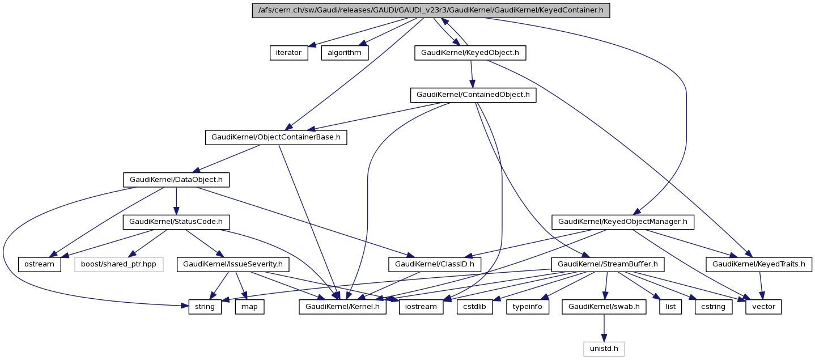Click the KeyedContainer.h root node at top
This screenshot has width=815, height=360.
(431, 10)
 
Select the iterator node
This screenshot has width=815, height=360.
(288, 53)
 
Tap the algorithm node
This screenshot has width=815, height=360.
(345, 53)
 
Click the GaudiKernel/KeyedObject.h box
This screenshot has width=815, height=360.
(470, 53)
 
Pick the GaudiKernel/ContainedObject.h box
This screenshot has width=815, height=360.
(473, 95)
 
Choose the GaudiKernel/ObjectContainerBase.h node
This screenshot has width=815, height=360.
(275, 137)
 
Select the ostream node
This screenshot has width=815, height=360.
(39, 264)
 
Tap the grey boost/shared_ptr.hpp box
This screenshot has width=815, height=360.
(118, 264)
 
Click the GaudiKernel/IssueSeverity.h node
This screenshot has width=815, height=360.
(233, 264)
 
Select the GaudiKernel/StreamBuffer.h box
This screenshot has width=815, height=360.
(608, 264)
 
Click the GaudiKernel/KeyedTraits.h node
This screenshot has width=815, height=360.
(758, 264)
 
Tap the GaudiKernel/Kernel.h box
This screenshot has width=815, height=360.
(343, 307)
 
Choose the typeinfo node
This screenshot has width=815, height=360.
(527, 307)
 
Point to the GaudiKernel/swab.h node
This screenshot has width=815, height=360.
(604, 307)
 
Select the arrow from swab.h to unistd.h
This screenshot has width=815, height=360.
(604, 328)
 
